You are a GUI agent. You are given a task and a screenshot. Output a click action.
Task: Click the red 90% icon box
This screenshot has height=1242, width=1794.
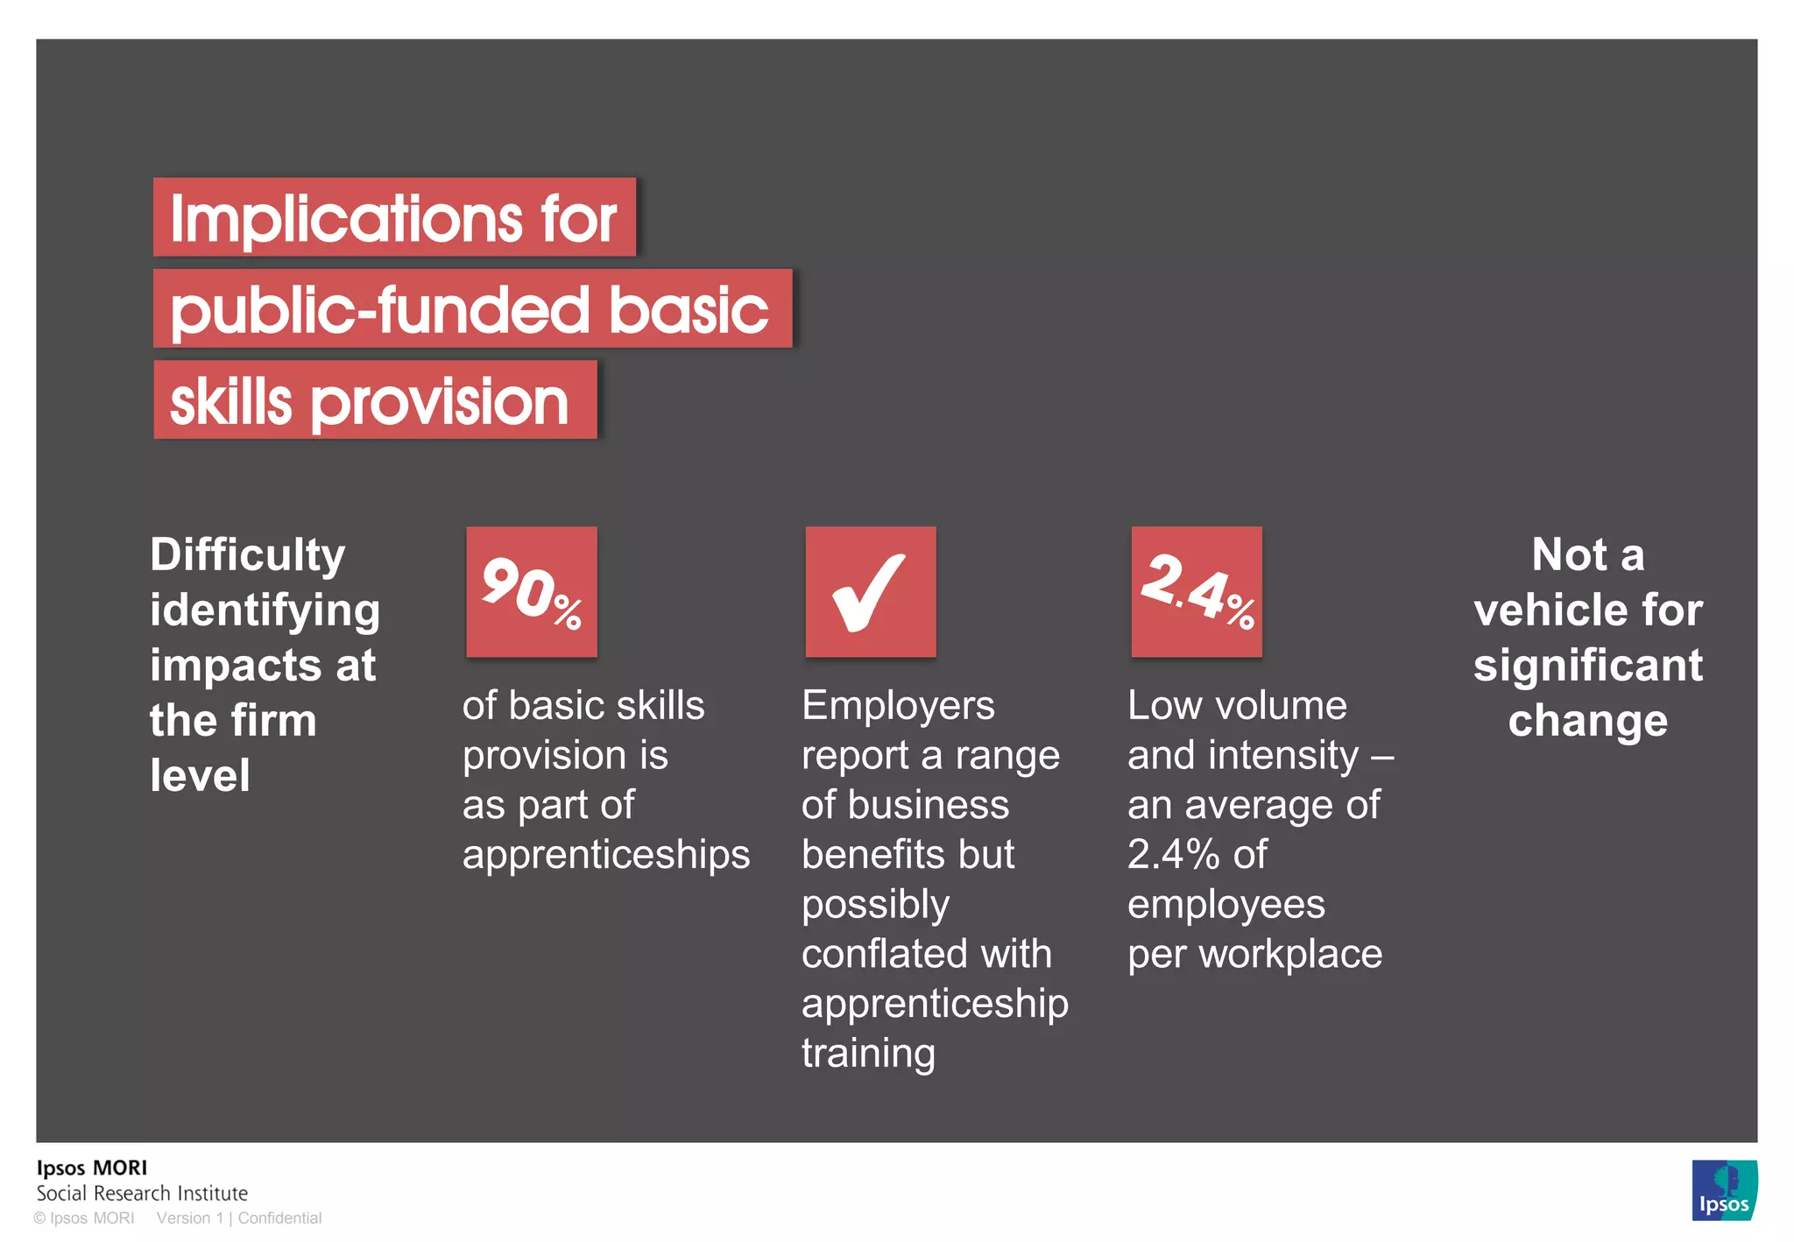[x=532, y=592]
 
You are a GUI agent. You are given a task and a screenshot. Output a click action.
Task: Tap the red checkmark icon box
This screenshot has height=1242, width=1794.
[x=871, y=592]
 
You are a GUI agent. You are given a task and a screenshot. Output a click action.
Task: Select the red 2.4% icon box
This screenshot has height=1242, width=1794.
[x=1197, y=592]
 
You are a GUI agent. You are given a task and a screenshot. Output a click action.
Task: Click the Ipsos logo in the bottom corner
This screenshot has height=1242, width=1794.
[x=1724, y=1190]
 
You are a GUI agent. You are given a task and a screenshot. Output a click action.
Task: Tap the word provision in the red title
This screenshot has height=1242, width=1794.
[x=440, y=402]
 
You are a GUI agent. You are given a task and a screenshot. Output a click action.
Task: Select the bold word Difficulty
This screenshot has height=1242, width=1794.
[x=248, y=555]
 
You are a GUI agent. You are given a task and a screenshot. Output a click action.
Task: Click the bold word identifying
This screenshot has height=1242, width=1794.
[x=265, y=610]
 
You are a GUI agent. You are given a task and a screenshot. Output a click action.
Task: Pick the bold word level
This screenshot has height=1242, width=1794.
[x=200, y=776]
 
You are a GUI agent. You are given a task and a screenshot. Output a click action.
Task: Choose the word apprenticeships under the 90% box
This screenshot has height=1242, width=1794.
[x=606, y=855]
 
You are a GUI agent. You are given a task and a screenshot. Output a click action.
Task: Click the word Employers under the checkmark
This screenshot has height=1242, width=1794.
[x=898, y=706]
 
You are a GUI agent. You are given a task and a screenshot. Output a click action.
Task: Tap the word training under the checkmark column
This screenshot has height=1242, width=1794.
[x=868, y=1054]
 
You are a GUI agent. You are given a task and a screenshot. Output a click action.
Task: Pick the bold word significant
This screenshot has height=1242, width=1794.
[x=1588, y=666]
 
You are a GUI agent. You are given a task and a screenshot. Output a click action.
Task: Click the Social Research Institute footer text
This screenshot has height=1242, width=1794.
[x=142, y=1193]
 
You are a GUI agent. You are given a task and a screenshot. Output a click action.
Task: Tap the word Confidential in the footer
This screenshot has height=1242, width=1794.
[x=279, y=1218]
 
